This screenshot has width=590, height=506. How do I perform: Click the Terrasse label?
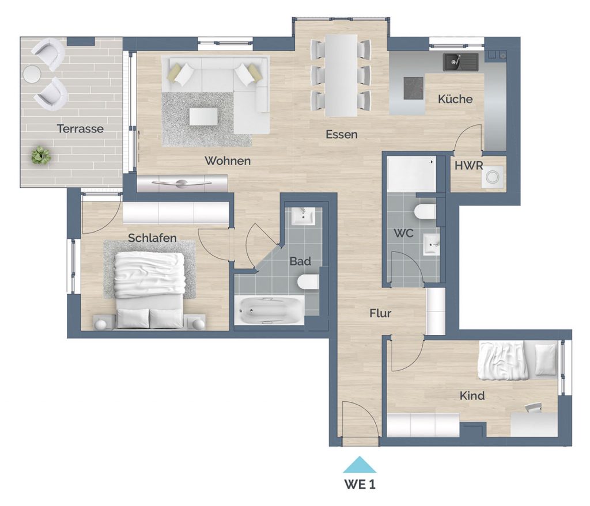[x=80, y=128]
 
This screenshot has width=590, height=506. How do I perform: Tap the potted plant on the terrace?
[x=41, y=155]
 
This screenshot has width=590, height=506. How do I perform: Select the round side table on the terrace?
[x=32, y=74]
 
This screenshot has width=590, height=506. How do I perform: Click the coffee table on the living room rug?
[x=203, y=116]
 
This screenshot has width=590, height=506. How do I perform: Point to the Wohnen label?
[x=228, y=161]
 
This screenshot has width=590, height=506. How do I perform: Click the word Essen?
[x=341, y=134]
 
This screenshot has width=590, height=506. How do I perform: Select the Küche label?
[x=455, y=99]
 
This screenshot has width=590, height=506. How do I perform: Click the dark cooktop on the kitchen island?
[x=414, y=88]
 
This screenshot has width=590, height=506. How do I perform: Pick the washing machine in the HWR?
[x=492, y=177]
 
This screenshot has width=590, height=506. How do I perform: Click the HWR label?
[x=468, y=165]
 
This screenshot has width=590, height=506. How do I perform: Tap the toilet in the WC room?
[x=425, y=212]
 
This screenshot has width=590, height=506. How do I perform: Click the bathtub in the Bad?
[x=269, y=310]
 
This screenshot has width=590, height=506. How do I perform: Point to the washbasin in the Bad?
[x=303, y=216]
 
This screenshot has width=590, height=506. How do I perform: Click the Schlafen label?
[x=152, y=238]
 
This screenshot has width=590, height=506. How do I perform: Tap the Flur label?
[x=380, y=313]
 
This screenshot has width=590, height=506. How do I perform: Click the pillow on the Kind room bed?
[x=545, y=359]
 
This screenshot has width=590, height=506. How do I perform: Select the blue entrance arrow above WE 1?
[x=360, y=465]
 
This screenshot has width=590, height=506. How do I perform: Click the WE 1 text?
[x=360, y=485]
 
